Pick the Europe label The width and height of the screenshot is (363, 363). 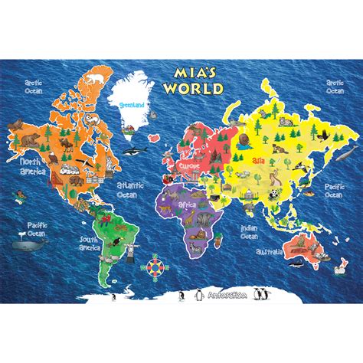(189, 165)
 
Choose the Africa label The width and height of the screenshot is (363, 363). (188, 205)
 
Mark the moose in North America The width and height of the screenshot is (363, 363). (31, 140)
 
